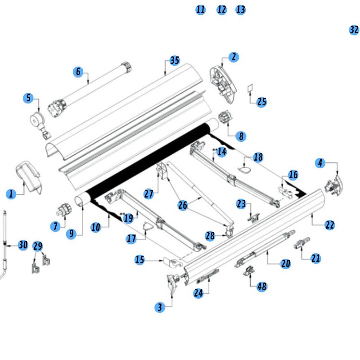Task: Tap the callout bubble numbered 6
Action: [78, 72]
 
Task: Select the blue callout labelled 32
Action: [354, 30]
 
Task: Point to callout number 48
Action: [261, 286]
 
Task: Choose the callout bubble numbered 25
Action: [262, 102]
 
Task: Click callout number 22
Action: [330, 225]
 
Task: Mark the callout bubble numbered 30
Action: [23, 245]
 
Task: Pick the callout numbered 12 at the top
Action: [221, 9]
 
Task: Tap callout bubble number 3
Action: [159, 307]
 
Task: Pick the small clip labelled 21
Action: [301, 243]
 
